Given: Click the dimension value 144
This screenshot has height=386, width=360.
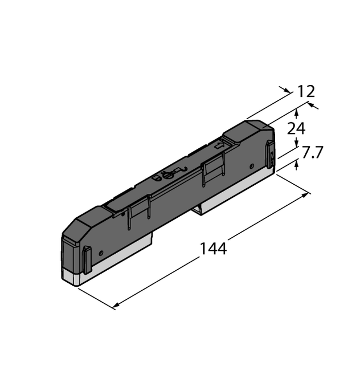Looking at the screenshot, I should pos(213,249).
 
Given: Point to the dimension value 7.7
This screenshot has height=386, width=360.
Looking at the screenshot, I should pos(313,153).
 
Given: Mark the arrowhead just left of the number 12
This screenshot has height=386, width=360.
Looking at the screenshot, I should pos(285,89).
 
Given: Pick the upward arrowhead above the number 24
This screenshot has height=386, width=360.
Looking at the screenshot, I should pos(296,116).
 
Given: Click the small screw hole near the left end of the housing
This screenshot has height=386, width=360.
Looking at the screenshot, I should pos(101,252).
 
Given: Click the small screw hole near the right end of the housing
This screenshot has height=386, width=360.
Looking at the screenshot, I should pos(252,166).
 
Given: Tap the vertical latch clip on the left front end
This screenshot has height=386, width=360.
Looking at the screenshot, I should pos(87,260).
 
